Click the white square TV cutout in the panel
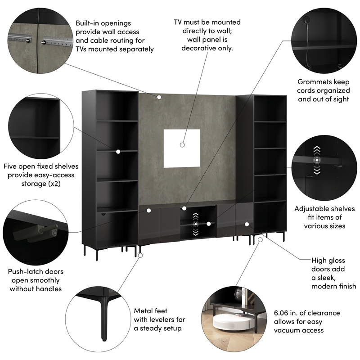pos(182,147)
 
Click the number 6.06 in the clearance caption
pos(283,313)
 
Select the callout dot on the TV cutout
pos(182,145)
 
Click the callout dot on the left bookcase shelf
pos(118,152)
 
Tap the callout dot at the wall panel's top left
pos(159,97)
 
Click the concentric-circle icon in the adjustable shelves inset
pos(318,160)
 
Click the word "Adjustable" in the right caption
pos(313,209)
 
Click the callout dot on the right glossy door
pos(247,224)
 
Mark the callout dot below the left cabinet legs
pos(140,255)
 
